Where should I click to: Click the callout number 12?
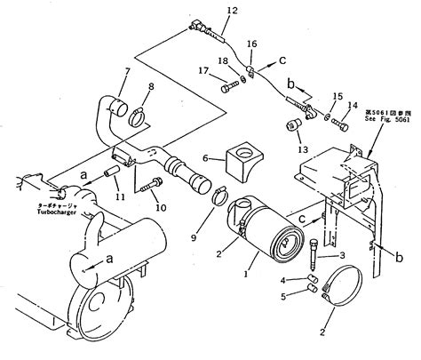pos(232,10)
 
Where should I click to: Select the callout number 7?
pos(127,71)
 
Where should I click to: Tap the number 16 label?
pos(252,43)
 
